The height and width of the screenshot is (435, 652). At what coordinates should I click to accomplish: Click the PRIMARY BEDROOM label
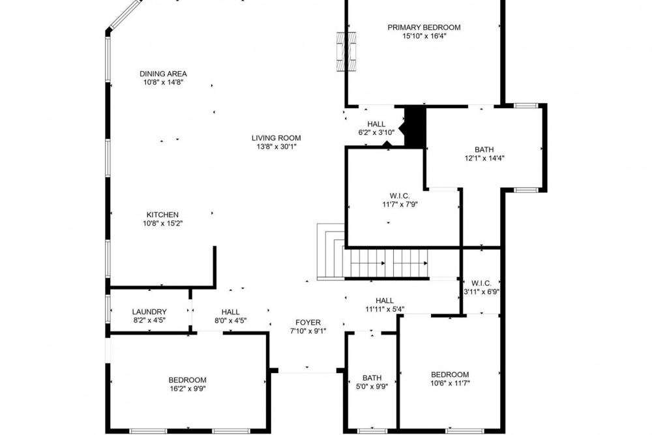pos(424,27)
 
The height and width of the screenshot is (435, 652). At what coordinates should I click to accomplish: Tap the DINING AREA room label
pos(163,74)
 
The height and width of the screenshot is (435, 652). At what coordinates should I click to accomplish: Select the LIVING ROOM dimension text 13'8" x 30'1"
pos(276,147)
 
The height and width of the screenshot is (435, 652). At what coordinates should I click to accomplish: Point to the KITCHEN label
pos(162,215)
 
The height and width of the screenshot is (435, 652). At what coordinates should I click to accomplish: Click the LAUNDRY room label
pos(149,312)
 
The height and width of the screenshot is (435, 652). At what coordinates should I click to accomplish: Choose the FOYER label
pos(308,323)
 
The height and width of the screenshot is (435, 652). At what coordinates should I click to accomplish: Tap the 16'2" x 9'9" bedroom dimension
pos(187,389)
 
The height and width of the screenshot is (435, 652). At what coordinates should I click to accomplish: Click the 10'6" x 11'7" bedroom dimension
pos(450,383)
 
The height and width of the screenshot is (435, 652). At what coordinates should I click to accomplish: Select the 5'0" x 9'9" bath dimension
pos(372,387)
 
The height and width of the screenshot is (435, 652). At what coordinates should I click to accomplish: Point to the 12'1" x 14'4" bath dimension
pos(484,158)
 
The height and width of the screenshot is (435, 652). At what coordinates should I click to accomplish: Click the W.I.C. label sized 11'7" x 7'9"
pos(400,196)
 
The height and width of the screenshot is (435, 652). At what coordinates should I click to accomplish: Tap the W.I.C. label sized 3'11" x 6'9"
pos(482,284)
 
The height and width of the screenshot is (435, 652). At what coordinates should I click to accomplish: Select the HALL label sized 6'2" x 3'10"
pos(376,125)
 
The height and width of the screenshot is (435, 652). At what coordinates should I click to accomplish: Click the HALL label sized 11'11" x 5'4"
pos(385,301)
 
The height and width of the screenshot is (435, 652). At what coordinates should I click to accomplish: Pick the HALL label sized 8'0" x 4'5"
pos(230,312)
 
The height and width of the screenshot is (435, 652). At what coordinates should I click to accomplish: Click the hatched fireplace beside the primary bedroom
pos(346,52)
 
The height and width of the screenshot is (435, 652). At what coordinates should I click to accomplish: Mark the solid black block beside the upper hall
pos(415,126)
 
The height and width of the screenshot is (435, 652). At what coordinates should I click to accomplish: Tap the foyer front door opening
pos(307,371)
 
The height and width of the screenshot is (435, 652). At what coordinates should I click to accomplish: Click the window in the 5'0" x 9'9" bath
pos(372,430)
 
